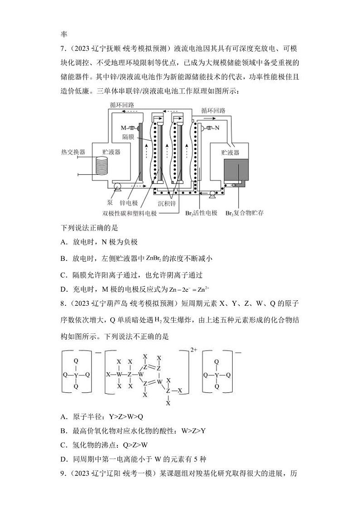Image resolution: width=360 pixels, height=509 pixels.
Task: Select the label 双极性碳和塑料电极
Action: [130, 213]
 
